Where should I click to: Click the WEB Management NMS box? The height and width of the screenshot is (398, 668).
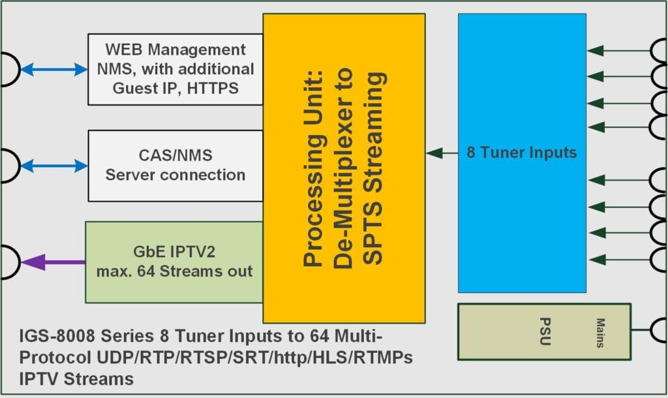click(175, 69)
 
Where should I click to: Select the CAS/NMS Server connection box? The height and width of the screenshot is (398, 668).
click(175, 166)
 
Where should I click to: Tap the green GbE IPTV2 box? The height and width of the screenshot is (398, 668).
click(174, 262)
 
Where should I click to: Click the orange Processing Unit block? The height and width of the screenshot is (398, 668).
click(344, 168)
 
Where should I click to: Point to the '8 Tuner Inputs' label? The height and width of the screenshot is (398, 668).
click(521, 153)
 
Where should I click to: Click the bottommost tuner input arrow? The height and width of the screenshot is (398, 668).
click(620, 260)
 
